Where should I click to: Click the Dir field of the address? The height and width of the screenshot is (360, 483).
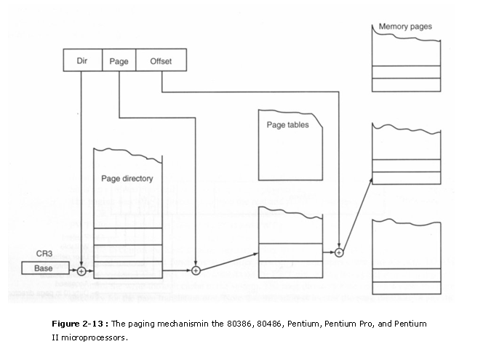[82, 60]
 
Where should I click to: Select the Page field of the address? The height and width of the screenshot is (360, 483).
[119, 60]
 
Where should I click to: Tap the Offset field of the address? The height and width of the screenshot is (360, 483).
[161, 60]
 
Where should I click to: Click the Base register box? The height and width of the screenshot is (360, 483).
[45, 268]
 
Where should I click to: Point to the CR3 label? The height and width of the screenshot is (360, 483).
[44, 253]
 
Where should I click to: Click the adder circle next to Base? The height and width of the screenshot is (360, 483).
[81, 271]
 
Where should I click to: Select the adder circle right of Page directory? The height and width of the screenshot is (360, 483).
[196, 271]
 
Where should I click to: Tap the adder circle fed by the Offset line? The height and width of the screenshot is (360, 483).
[339, 252]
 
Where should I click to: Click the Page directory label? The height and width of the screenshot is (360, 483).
[127, 179]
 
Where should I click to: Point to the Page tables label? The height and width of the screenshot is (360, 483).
[288, 124]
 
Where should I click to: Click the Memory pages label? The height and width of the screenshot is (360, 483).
[405, 26]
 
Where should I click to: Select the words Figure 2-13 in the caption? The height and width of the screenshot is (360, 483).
[78, 324]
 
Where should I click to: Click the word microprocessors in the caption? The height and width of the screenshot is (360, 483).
[93, 338]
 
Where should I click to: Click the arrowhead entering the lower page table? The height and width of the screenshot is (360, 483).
[255, 254]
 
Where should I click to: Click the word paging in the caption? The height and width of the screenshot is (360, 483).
[142, 324]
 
